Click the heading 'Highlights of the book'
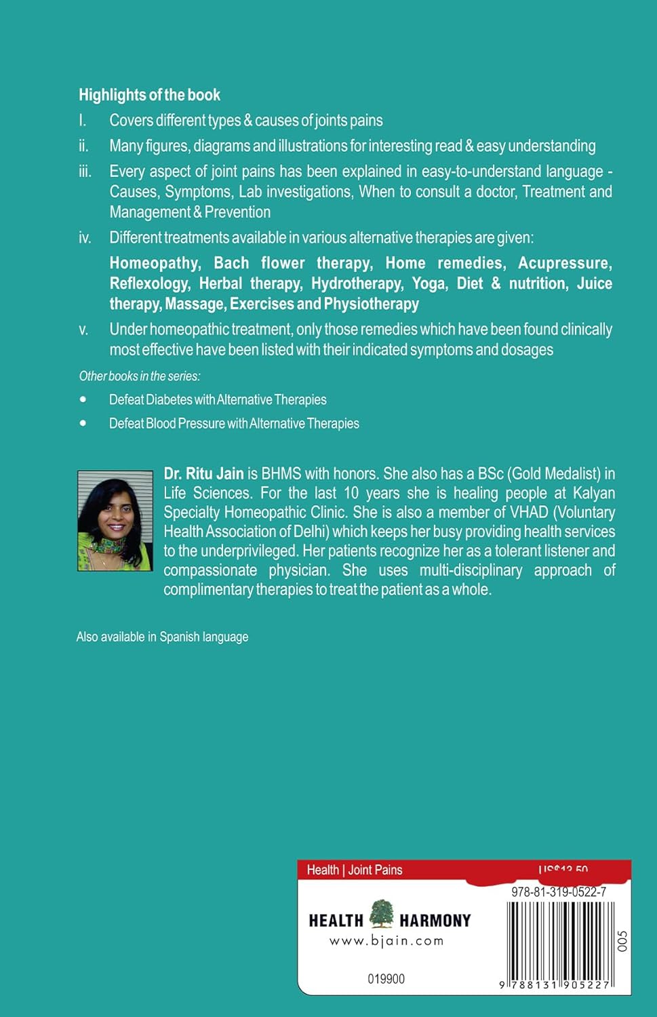pos(149,95)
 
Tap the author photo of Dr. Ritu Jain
pos(115,521)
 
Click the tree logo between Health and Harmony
pos(382,915)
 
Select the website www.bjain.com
pos(386,941)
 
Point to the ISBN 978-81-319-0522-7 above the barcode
pos(559,892)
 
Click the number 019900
pos(386,979)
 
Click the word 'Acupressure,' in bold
pos(565,263)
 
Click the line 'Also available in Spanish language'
pos(162,637)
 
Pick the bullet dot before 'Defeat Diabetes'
pos(83,399)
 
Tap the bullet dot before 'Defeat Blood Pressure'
pos(83,423)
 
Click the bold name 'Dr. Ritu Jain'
pos(203,474)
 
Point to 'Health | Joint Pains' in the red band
pos(355,870)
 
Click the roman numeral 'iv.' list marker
pos(85,238)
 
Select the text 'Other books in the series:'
pos(140,376)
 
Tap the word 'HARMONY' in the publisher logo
pos(435,921)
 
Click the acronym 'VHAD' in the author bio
pos(529,513)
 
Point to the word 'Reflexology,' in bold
pos(150,283)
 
